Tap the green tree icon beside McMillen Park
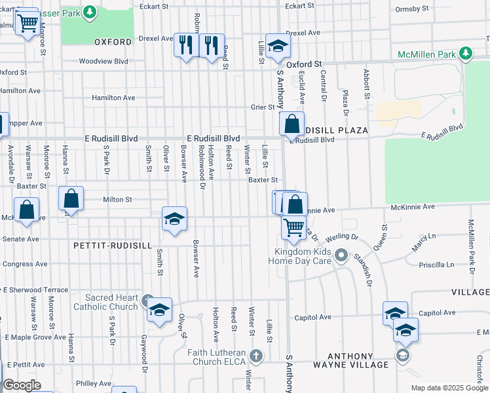pos(466,52)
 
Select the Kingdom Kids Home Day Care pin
pos(340,255)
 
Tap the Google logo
pos(22,385)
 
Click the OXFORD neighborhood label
pos(113,41)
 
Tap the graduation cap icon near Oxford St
pos(278,45)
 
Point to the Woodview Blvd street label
pos(104,61)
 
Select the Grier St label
pos(261,107)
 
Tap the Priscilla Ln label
pos(436,265)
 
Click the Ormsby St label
pos(412,9)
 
